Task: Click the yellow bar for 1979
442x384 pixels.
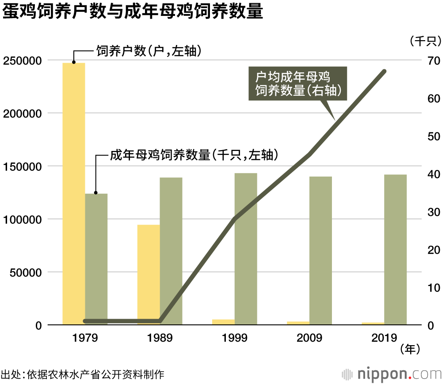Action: click(74, 194)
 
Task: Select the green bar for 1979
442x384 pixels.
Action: click(96, 256)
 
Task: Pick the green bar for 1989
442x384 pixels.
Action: click(171, 247)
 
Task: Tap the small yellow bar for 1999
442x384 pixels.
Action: click(223, 322)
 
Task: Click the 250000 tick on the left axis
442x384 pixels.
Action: click(25, 60)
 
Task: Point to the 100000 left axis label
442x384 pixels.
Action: click(25, 219)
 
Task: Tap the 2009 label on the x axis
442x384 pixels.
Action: click(309, 338)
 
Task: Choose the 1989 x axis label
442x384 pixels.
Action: click(160, 338)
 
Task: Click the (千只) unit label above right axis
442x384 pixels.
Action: click(424, 41)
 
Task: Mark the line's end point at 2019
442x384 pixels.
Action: click(384, 72)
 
